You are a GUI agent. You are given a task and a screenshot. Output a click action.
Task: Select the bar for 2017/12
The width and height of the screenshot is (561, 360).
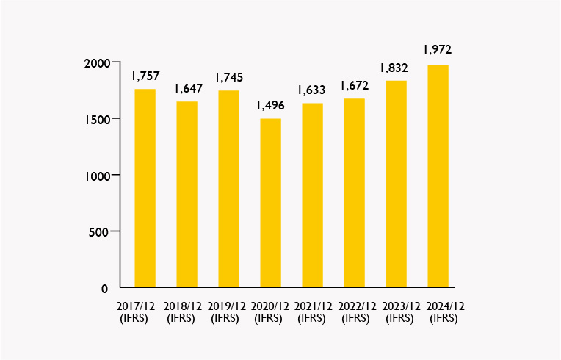145,188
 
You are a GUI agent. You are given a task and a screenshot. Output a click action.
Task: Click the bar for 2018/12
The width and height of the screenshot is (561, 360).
187,194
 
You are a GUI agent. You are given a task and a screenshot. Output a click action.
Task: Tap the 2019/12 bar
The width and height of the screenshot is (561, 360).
228,189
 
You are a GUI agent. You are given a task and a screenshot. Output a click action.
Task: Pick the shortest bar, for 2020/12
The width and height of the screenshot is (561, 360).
270,203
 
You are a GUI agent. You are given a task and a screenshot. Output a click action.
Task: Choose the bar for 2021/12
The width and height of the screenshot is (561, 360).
312,195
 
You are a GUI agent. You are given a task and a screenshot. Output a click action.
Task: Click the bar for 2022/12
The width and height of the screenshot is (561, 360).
354,192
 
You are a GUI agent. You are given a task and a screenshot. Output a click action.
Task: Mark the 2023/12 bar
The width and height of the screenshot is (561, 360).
396,184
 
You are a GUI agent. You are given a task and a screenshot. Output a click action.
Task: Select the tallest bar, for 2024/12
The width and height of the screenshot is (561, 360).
438,176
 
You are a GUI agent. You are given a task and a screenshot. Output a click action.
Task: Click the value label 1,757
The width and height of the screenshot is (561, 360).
145,76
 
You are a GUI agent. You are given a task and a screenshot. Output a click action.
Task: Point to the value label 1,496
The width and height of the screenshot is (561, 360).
270,105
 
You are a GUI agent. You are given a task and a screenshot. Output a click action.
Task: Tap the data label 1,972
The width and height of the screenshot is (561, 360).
438,50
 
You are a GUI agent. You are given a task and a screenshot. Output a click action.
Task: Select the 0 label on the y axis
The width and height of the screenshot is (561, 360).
106,288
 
